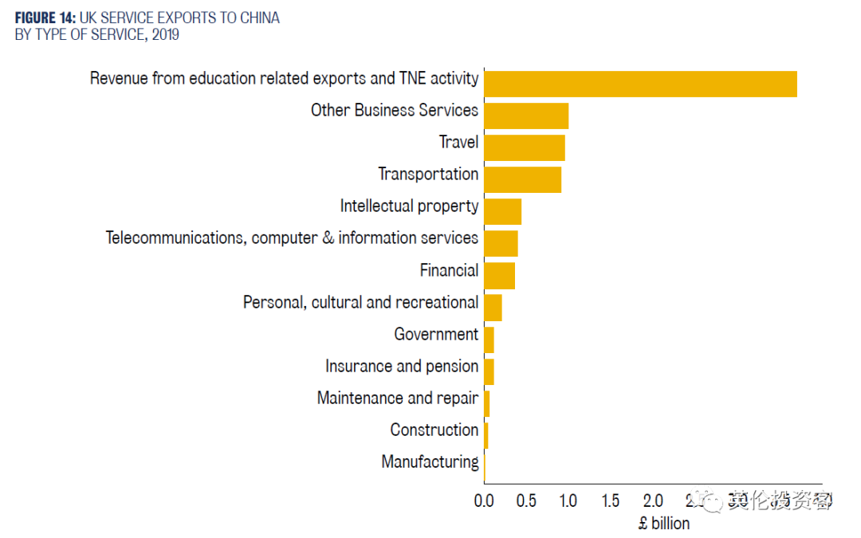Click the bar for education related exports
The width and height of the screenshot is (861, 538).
(640, 84)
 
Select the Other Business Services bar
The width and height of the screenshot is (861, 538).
(526, 116)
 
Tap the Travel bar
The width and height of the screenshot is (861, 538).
(525, 147)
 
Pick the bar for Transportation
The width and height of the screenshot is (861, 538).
(522, 179)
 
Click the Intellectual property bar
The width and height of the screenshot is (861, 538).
(502, 211)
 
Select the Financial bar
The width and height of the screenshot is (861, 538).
(499, 276)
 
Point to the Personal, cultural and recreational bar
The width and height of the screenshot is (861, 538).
(493, 308)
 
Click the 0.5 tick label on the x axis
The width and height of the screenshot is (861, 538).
(526, 501)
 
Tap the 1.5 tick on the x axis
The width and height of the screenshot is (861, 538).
(611, 501)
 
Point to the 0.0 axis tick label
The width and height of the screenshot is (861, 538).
(484, 501)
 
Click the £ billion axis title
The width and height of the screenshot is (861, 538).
(664, 523)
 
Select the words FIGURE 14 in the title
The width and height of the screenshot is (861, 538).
(45, 18)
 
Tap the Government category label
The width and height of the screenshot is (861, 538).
(436, 334)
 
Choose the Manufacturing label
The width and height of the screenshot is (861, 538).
(430, 461)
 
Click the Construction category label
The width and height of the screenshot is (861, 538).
(434, 430)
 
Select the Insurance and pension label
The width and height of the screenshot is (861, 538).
(402, 366)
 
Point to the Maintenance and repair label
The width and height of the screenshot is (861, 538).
(398, 398)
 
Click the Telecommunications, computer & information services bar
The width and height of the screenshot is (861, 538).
(501, 243)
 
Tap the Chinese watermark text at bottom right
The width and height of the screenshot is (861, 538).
(779, 501)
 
